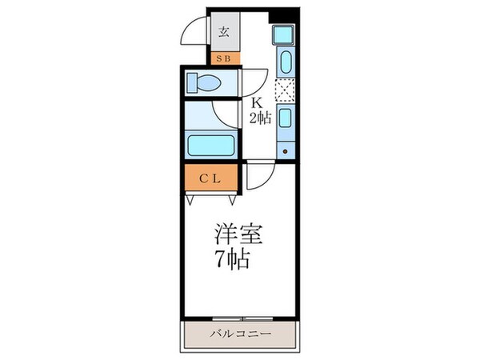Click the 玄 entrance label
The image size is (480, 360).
[x=224, y=33]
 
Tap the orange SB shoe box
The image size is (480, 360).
[x=224, y=58]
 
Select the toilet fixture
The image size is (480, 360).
[x=210, y=82]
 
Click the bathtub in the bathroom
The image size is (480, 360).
[x=210, y=146]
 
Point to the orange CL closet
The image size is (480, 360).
[x=210, y=178]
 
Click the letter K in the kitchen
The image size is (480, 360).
[x=258, y=103]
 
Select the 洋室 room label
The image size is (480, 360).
[x=238, y=238]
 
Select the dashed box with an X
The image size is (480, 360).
[x=285, y=90]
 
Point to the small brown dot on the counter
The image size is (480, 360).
[x=286, y=150]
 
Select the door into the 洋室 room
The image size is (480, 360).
[x=258, y=176]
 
